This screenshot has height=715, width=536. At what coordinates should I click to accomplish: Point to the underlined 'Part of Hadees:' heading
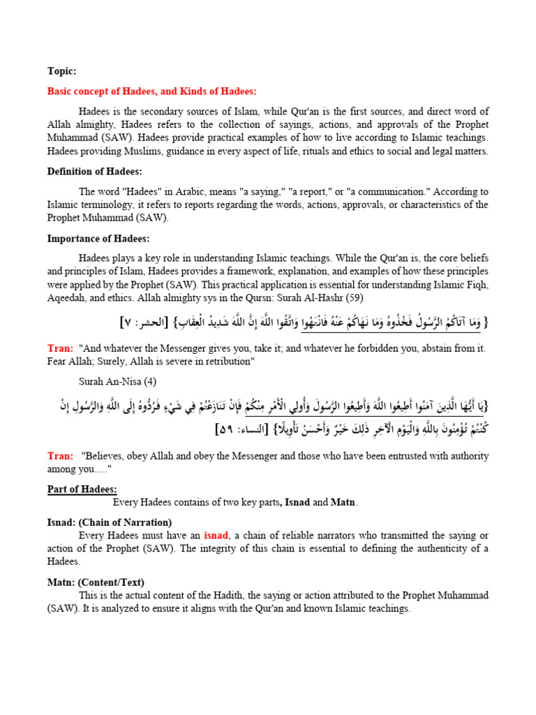pyautogui.click(x=82, y=489)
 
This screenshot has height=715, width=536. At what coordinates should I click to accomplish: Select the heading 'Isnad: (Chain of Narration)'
pyautogui.click(x=110, y=522)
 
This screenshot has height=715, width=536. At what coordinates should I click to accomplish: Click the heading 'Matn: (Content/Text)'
pyautogui.click(x=96, y=582)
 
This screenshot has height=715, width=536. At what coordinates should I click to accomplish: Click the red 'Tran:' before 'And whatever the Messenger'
pyautogui.click(x=60, y=348)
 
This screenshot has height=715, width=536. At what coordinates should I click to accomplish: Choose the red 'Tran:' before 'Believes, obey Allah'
pyautogui.click(x=60, y=456)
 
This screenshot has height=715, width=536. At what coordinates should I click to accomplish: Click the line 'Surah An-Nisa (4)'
pyautogui.click(x=117, y=381)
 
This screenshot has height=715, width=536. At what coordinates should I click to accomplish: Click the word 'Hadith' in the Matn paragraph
pyautogui.click(x=210, y=596)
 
